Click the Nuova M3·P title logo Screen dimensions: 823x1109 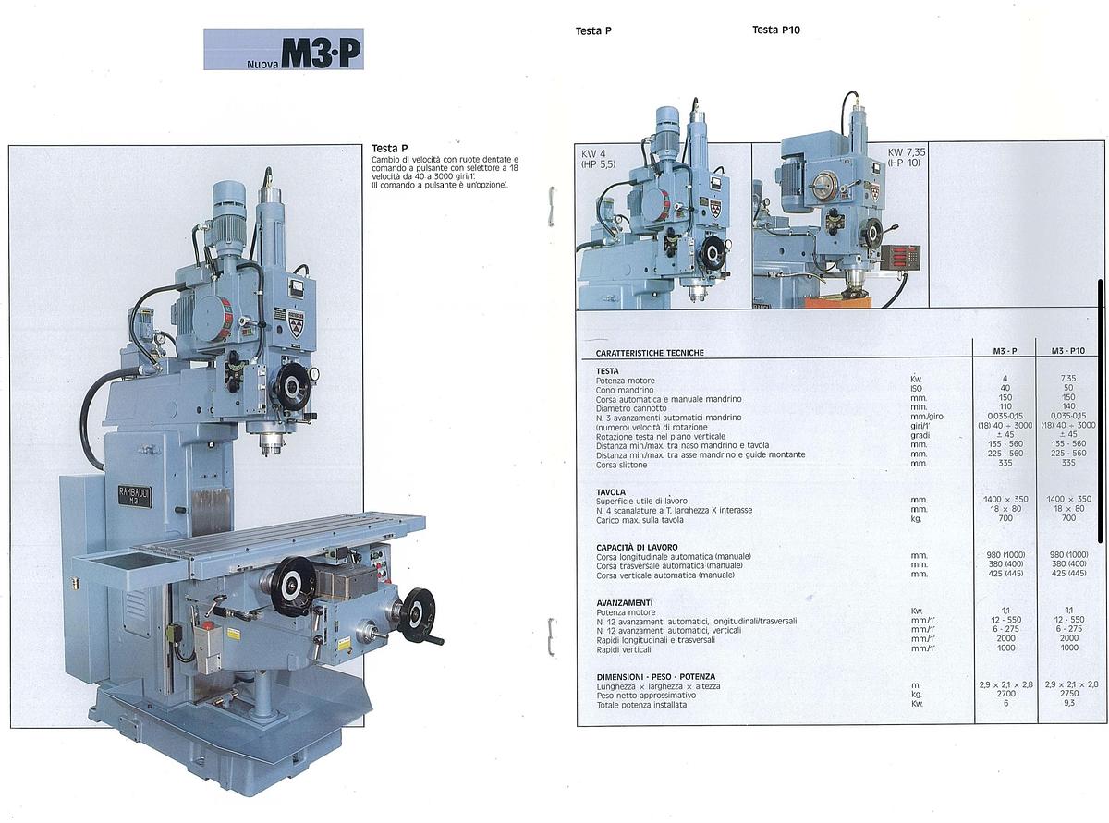tap(284, 50)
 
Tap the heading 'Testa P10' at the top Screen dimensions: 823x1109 tap(775, 30)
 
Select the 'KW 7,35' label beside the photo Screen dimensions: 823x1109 tap(907, 152)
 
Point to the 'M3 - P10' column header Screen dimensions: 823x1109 tap(1068, 351)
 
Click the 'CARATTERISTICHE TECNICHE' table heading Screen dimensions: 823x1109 tap(650, 353)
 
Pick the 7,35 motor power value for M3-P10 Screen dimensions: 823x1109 tap(1068, 379)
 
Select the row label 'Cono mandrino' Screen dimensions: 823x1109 tap(628, 389)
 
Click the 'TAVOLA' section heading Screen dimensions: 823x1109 tap(611, 491)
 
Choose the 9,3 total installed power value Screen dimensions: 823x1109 tap(1068, 704)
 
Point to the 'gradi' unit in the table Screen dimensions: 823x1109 tap(920, 436)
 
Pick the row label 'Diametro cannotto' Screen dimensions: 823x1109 tap(631, 407)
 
